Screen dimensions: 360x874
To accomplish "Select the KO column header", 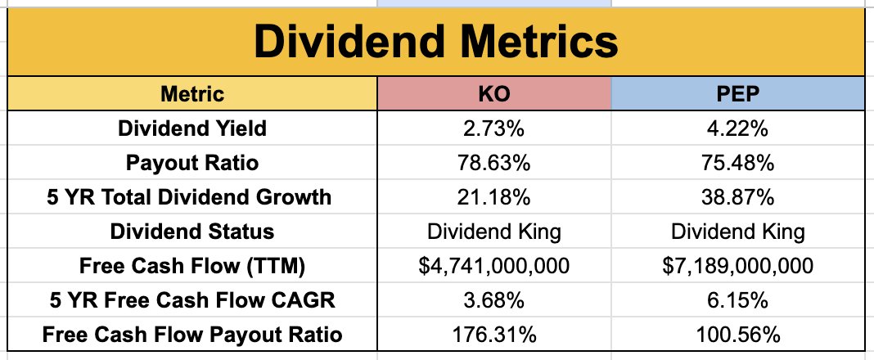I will [x=493, y=94].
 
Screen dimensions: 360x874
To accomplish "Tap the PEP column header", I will [x=737, y=94].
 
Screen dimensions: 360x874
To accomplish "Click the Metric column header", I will [x=192, y=94].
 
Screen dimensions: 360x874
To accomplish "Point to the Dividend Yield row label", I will [x=192, y=128].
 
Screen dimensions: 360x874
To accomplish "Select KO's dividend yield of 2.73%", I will [x=493, y=128].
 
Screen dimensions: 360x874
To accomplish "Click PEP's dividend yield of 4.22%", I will [x=737, y=128].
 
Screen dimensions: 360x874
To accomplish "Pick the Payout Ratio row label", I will [x=192, y=163].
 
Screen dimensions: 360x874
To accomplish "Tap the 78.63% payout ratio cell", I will [x=493, y=163].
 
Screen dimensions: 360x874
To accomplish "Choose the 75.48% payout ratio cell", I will [x=737, y=163].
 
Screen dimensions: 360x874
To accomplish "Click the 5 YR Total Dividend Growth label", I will [x=192, y=197].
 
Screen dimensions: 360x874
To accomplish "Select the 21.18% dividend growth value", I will [x=493, y=197].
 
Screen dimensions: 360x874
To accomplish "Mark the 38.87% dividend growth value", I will [x=737, y=197].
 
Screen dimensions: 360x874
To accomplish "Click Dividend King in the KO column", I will [x=493, y=232].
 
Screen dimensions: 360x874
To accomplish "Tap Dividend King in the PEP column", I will [x=737, y=232].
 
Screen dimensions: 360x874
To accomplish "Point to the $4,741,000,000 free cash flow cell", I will [x=493, y=266].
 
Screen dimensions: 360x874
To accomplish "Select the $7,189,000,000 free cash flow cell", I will [x=737, y=266].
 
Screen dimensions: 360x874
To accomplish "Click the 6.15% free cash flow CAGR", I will [x=737, y=300].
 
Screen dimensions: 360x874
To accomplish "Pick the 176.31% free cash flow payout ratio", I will [x=493, y=335].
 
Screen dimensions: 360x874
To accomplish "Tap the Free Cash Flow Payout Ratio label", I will [x=192, y=335].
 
